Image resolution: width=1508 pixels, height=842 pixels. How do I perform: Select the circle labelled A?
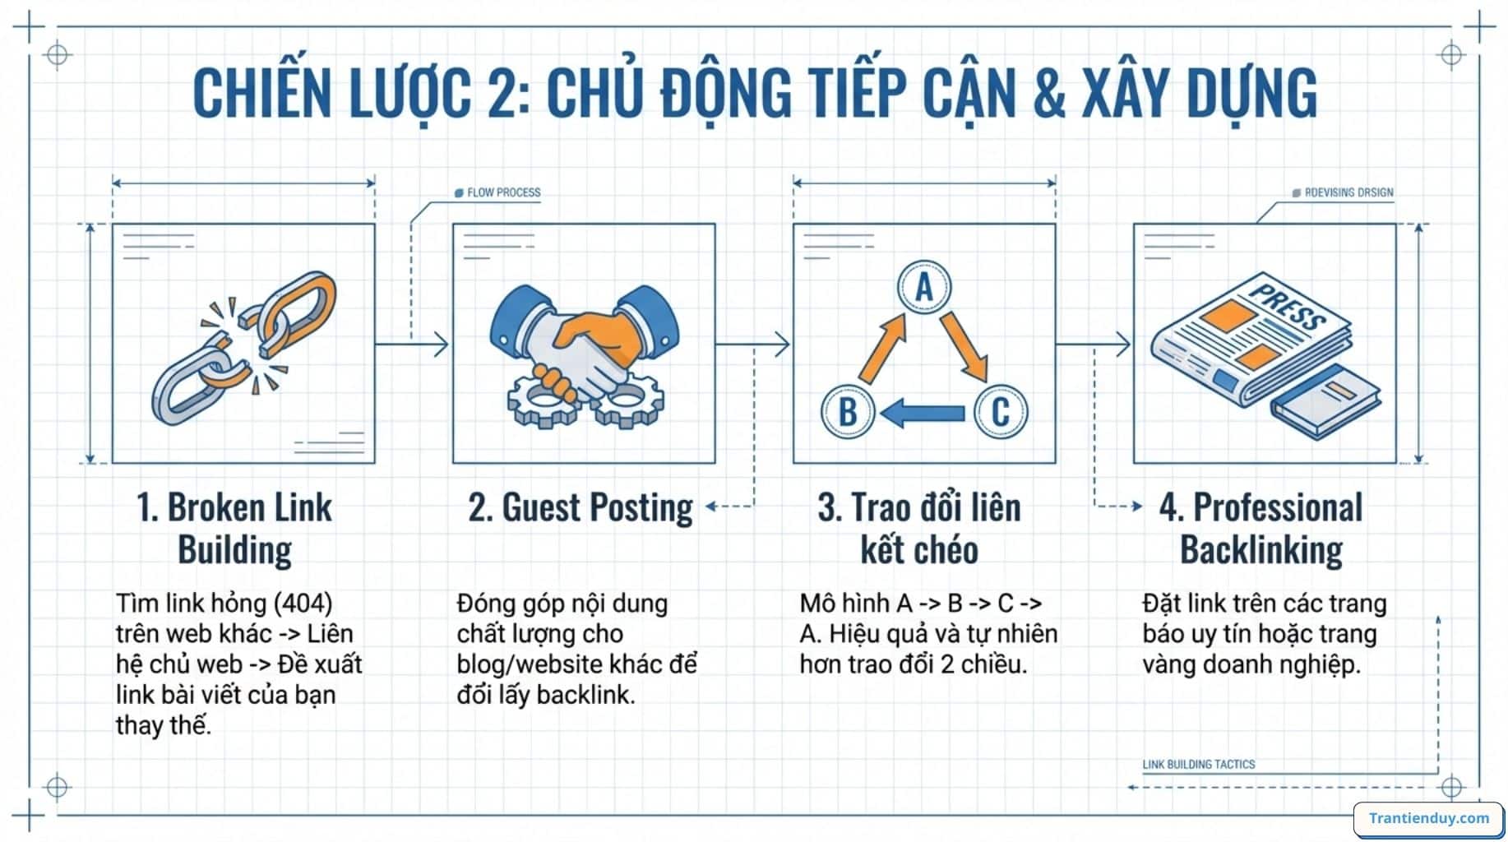[x=923, y=288]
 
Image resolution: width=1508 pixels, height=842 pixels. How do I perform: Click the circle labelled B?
[x=848, y=411]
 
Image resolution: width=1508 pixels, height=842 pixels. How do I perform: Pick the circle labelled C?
[x=1000, y=411]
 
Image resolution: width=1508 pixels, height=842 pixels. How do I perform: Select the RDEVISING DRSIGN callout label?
[x=1347, y=192]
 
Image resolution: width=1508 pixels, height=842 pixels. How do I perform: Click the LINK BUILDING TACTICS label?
[x=1198, y=764]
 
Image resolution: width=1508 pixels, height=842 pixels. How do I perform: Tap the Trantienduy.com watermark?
[x=1428, y=818]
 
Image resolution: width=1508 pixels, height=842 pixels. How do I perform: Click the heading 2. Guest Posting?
[x=581, y=507]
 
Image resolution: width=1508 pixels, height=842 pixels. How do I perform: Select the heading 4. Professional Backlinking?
[x=1261, y=528]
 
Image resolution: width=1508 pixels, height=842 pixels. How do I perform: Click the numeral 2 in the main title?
[x=497, y=93]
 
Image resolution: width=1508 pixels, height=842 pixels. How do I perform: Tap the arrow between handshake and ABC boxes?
[x=752, y=344]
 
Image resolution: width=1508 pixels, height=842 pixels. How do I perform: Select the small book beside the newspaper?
[x=1325, y=401]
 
